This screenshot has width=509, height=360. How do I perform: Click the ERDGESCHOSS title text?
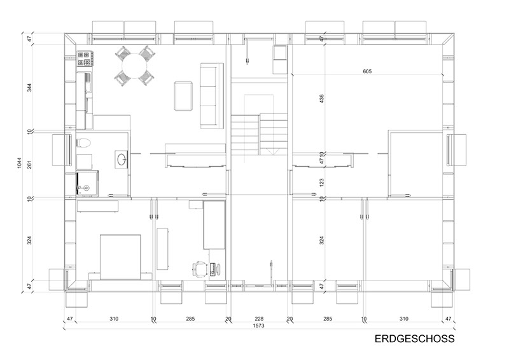coord(415,338)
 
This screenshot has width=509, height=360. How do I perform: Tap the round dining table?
coord(134,66)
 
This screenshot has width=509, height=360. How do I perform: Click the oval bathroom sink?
coord(122,160)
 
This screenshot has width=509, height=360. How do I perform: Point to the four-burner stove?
coord(85,59)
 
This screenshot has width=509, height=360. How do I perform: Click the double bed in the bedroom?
coord(120,257)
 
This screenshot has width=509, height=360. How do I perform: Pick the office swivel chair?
coord(200,270)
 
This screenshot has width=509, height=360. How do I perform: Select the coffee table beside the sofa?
coord(183,96)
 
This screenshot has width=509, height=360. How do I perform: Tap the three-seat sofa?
coord(212,96)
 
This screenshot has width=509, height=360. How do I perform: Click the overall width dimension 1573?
coord(259,326)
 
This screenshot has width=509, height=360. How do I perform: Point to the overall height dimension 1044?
coord(19,163)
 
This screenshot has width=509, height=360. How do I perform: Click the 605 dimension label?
coord(367,71)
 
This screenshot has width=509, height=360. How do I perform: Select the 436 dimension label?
coord(321,99)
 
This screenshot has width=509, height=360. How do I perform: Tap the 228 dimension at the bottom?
coord(259,319)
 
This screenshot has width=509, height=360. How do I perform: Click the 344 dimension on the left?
coord(29,88)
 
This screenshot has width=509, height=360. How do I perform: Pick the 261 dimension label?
coord(29,165)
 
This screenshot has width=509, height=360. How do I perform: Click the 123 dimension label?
coord(321,182)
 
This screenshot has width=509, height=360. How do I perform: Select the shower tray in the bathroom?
coord(87,183)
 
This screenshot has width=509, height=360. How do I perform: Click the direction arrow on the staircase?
coord(273,151)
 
